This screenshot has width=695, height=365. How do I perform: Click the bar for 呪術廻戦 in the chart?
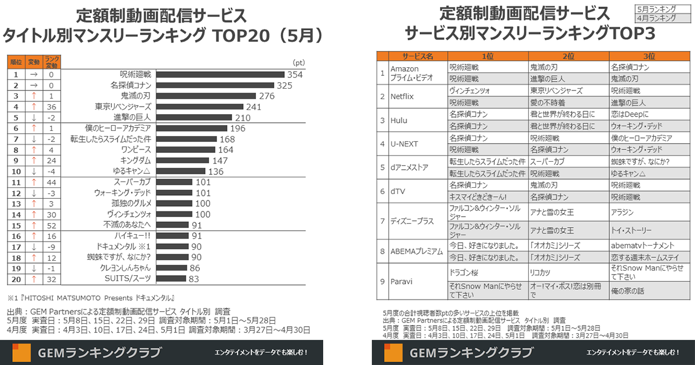[x=220, y=74]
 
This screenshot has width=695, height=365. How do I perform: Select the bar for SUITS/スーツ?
[x=171, y=279]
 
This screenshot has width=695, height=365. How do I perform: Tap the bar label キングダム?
[x=136, y=160]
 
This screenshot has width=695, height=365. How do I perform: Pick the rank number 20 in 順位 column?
[x=16, y=279]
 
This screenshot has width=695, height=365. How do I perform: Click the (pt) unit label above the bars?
[x=299, y=63]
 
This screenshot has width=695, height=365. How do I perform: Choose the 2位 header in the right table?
[x=569, y=56]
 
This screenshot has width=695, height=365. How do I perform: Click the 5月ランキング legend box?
[x=656, y=9]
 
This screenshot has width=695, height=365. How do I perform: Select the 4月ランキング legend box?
[x=656, y=18]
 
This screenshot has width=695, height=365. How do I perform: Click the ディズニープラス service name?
[x=412, y=221]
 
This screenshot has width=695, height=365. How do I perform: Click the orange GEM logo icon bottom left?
[x=22, y=353]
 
